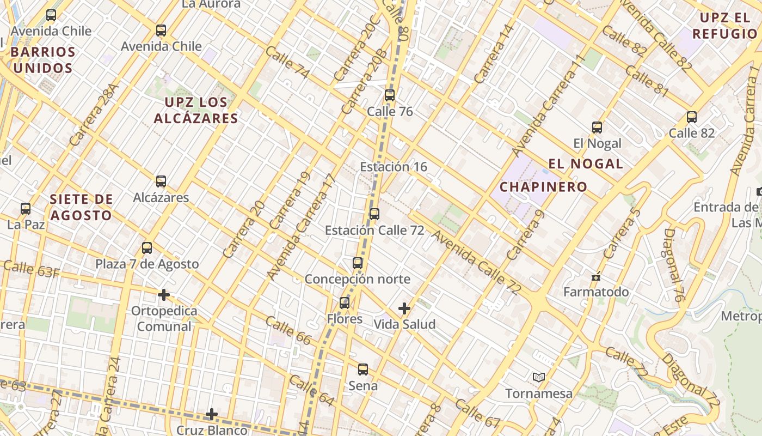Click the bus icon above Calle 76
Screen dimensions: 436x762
point(389,95)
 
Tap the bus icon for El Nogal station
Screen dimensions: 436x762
point(597,128)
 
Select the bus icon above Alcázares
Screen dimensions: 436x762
point(161,181)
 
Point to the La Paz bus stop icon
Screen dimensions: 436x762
point(26,208)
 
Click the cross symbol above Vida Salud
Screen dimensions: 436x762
point(404,308)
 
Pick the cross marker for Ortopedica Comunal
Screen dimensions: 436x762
point(163,295)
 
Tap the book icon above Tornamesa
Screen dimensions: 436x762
point(539,377)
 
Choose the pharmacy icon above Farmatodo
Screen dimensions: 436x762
point(596,276)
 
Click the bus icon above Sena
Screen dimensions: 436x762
point(363,370)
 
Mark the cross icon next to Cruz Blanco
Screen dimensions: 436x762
point(212,415)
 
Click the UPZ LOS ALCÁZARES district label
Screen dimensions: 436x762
point(196,110)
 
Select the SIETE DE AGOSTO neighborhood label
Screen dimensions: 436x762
point(81,207)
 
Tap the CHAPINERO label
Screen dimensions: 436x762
point(543,187)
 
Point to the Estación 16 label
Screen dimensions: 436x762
point(394,167)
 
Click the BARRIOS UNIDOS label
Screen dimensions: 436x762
point(43,60)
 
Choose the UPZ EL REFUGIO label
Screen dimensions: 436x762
point(724,26)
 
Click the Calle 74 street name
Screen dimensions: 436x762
point(287,63)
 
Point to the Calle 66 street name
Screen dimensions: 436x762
point(288,330)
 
